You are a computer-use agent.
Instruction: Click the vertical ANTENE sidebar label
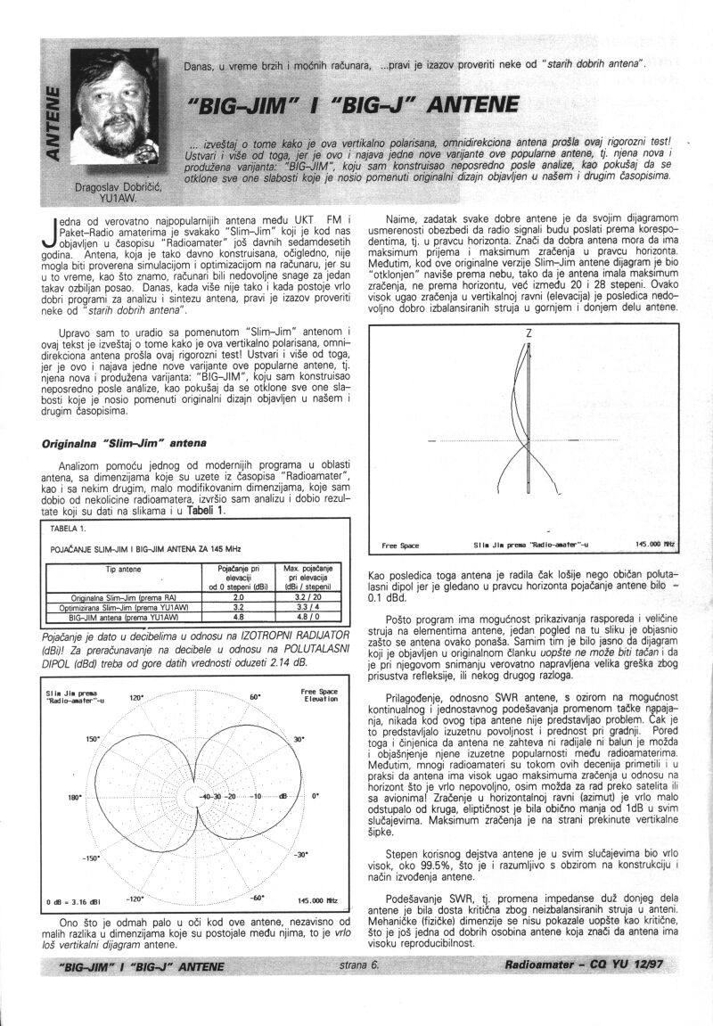click(54, 121)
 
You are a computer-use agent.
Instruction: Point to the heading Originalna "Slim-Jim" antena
click(126, 442)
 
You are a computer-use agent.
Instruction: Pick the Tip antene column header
click(123, 569)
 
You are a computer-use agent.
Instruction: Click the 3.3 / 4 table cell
click(307, 606)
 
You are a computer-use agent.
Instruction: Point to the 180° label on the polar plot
click(74, 798)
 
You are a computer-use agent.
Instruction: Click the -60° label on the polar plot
click(258, 899)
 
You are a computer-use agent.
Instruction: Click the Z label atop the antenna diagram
click(529, 334)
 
